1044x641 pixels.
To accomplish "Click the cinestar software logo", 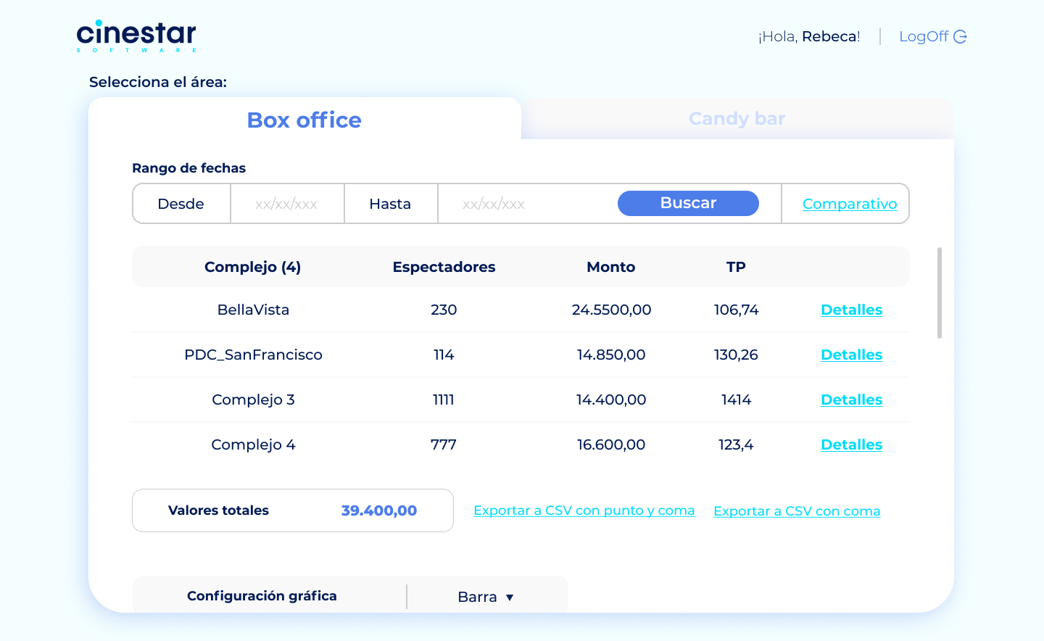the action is click(136, 36).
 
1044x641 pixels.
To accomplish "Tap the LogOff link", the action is click(932, 36).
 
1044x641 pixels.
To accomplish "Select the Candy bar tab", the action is click(737, 118).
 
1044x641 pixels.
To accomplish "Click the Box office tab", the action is click(304, 120).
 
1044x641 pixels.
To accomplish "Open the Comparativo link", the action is click(849, 204).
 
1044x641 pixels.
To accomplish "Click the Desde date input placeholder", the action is click(286, 204).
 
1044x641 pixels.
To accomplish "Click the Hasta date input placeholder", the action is click(494, 204).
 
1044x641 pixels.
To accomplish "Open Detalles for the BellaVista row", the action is click(851, 310).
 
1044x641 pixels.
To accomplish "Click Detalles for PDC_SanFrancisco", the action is click(851, 355).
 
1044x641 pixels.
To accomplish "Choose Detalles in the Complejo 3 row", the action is click(851, 400).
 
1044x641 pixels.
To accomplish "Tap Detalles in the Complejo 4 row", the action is click(851, 444).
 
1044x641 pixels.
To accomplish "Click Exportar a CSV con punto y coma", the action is click(584, 510).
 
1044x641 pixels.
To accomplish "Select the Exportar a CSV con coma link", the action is click(797, 511).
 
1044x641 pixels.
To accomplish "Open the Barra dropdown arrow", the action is click(510, 597).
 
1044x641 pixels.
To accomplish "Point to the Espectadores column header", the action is click(444, 267).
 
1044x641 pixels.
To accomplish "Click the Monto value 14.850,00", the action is click(611, 355).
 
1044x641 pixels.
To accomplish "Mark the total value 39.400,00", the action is click(379, 510).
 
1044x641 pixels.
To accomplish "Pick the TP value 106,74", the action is click(736, 310).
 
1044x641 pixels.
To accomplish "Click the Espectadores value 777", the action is click(443, 444).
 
